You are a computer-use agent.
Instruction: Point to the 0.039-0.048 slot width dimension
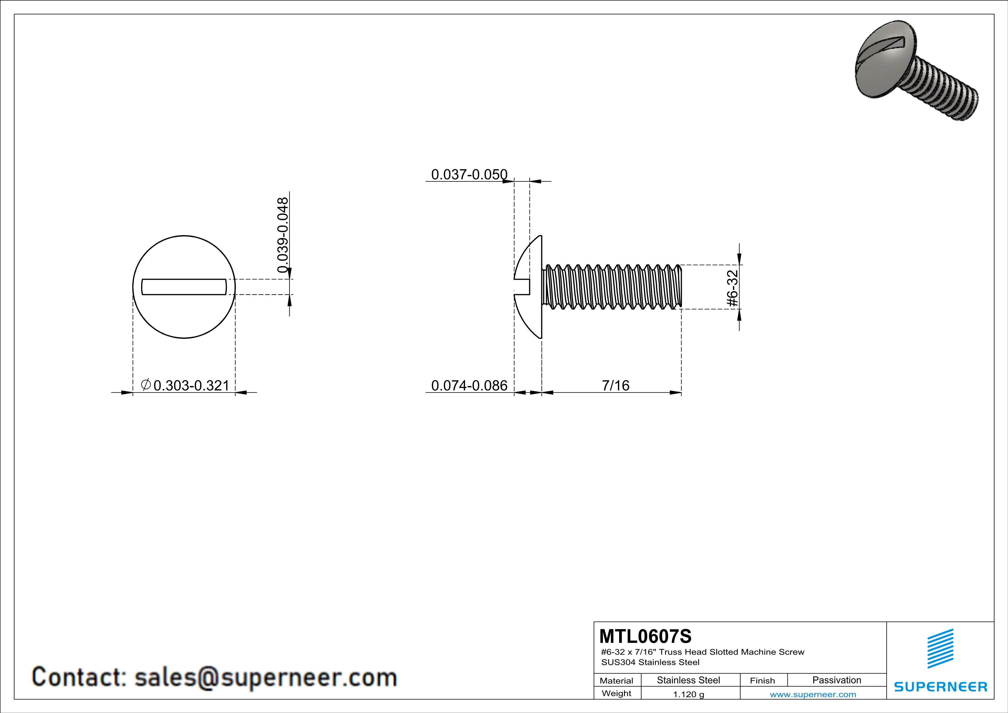[283, 235]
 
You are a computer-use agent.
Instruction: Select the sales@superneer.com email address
[266, 677]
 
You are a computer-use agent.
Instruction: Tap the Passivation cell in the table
[836, 680]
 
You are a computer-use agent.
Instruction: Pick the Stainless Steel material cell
[688, 680]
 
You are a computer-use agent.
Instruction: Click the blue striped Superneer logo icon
[940, 649]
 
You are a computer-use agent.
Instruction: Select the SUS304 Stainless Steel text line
[650, 662]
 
